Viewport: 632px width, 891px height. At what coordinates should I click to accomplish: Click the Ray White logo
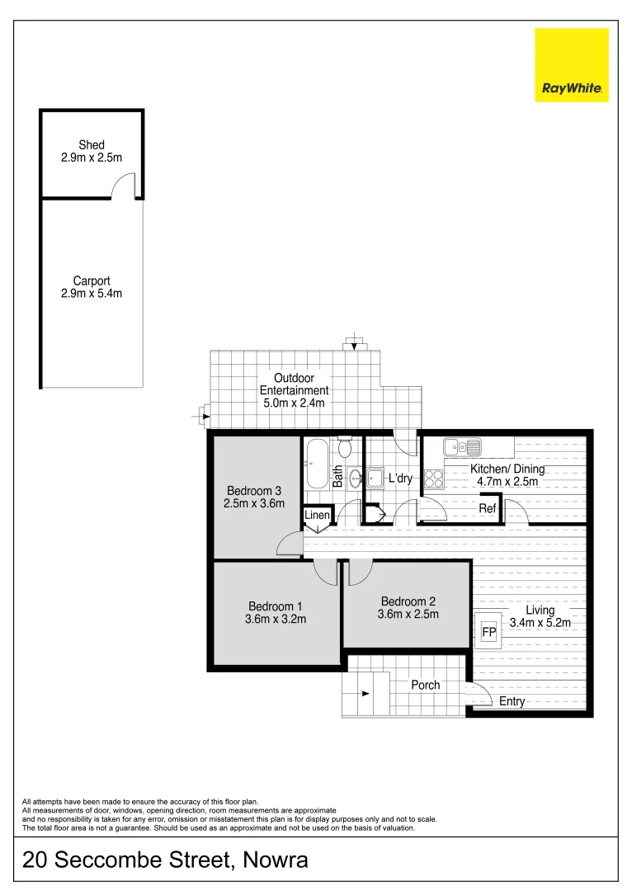[571, 65]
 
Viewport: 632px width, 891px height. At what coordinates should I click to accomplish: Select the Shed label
[92, 145]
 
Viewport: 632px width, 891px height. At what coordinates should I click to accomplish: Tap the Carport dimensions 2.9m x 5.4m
[92, 293]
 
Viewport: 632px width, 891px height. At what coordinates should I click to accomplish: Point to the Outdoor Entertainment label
[294, 384]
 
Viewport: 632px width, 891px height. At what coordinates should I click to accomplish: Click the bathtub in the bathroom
[318, 466]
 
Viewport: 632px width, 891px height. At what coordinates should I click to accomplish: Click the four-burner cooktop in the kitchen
[434, 478]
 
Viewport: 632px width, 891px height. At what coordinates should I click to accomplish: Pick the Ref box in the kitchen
[488, 508]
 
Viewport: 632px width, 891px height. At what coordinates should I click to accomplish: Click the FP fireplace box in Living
[488, 632]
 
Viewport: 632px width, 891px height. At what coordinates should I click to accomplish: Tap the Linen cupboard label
[318, 516]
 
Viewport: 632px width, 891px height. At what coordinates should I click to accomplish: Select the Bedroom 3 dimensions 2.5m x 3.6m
[254, 503]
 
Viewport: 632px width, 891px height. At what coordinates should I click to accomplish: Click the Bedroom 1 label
[276, 606]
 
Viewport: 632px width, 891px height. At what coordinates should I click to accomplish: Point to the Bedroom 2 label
[408, 601]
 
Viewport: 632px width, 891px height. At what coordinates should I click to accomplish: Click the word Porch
[425, 685]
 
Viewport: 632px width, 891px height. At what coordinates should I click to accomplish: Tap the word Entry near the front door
[512, 701]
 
